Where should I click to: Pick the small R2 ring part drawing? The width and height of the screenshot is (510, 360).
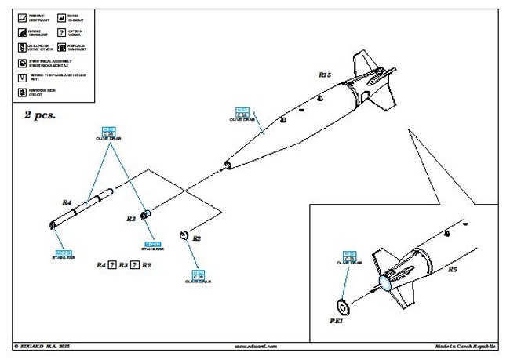[x=183, y=234]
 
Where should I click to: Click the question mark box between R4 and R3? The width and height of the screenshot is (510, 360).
[x=112, y=265]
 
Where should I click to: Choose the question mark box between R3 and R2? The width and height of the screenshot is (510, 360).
[x=135, y=265]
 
